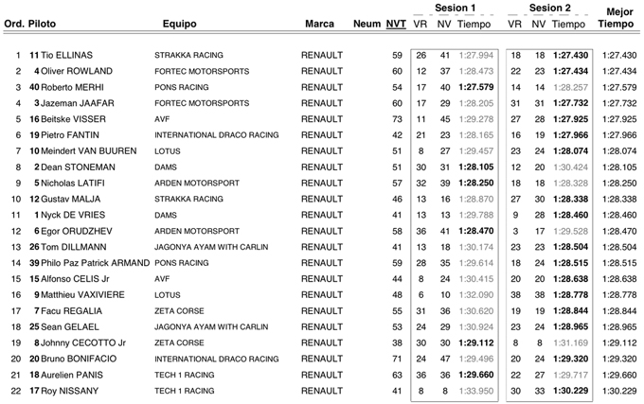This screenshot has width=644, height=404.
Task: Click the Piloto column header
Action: [43, 24]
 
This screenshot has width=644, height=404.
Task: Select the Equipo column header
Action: [179, 24]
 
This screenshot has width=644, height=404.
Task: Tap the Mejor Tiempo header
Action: [618, 18]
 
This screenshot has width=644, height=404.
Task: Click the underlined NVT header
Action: [396, 24]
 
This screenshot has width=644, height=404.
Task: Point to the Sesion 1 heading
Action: [455, 8]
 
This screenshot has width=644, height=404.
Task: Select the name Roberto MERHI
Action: [77, 88]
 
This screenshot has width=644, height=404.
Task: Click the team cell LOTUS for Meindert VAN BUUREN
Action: [170, 151]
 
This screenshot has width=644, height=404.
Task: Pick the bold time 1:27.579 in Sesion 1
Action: [474, 88]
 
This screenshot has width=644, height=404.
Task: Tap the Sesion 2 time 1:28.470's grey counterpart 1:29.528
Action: [569, 232]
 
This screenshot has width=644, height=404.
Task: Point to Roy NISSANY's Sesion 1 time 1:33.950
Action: [474, 392]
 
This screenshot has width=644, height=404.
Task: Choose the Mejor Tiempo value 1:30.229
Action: [618, 392]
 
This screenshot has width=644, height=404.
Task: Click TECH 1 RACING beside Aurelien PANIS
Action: [185, 376]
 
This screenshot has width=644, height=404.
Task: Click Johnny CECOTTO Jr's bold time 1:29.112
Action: [474, 343]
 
